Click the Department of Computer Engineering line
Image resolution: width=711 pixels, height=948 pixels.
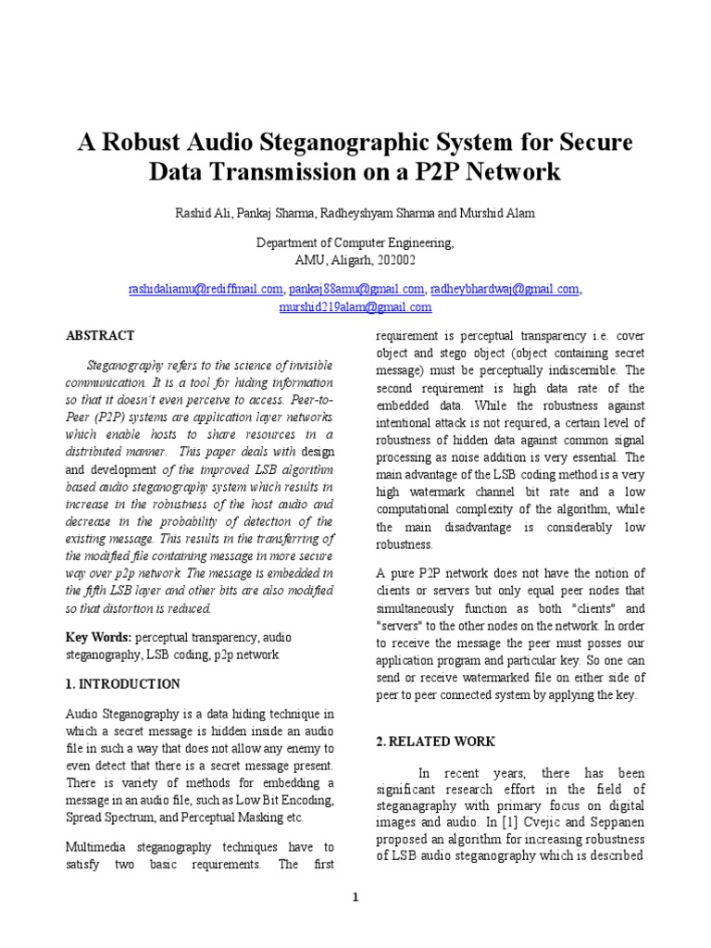coord(355,243)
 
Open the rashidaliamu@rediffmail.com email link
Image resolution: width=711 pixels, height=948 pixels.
coord(206,290)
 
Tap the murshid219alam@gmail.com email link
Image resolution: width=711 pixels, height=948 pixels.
coord(355,306)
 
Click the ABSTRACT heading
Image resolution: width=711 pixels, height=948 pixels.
coord(100,336)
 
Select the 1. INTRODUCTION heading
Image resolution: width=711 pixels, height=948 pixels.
coord(123,684)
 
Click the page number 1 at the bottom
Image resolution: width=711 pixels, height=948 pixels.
coord(355,897)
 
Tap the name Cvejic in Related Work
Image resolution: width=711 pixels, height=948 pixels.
coord(531,821)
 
